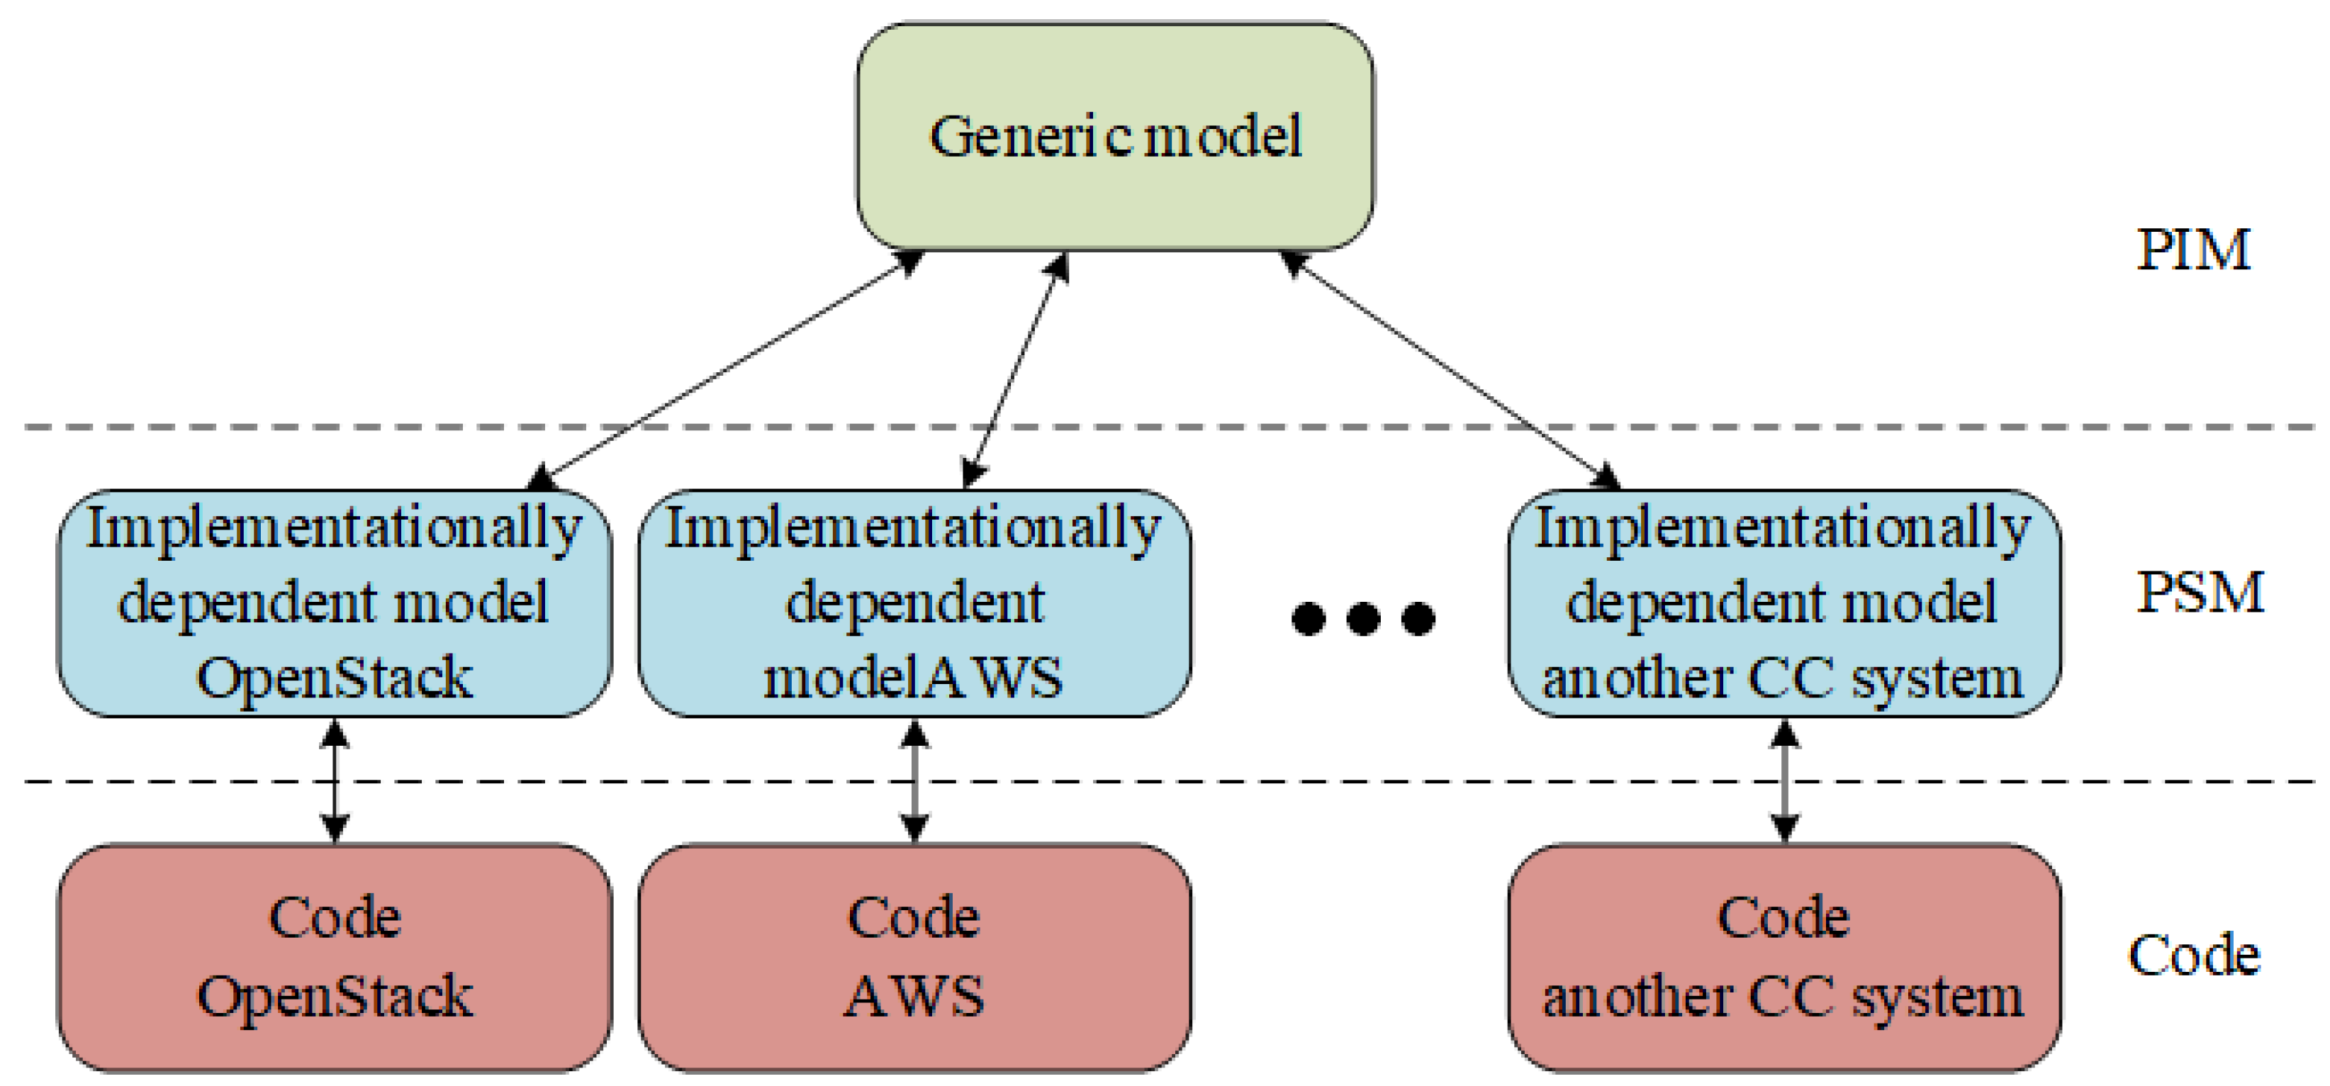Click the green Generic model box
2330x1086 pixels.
pos(1115,135)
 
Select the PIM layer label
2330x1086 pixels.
pos(2192,250)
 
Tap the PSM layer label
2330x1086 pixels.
pos(2200,593)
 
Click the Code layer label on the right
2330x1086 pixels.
pos(2193,955)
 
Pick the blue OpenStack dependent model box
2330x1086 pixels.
pos(335,603)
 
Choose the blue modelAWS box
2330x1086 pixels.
pos(914,603)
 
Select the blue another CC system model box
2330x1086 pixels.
pos(1783,603)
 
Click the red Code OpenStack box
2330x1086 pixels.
pos(335,958)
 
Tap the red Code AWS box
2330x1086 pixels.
pos(914,958)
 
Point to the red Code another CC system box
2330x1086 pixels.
pos(1783,958)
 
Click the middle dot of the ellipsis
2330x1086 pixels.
pos(1363,619)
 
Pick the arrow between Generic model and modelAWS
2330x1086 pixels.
pos(1016,369)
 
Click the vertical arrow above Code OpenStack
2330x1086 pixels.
pos(335,781)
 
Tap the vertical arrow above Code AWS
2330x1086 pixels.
pos(915,781)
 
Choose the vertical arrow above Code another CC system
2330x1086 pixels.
pos(1783,781)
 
